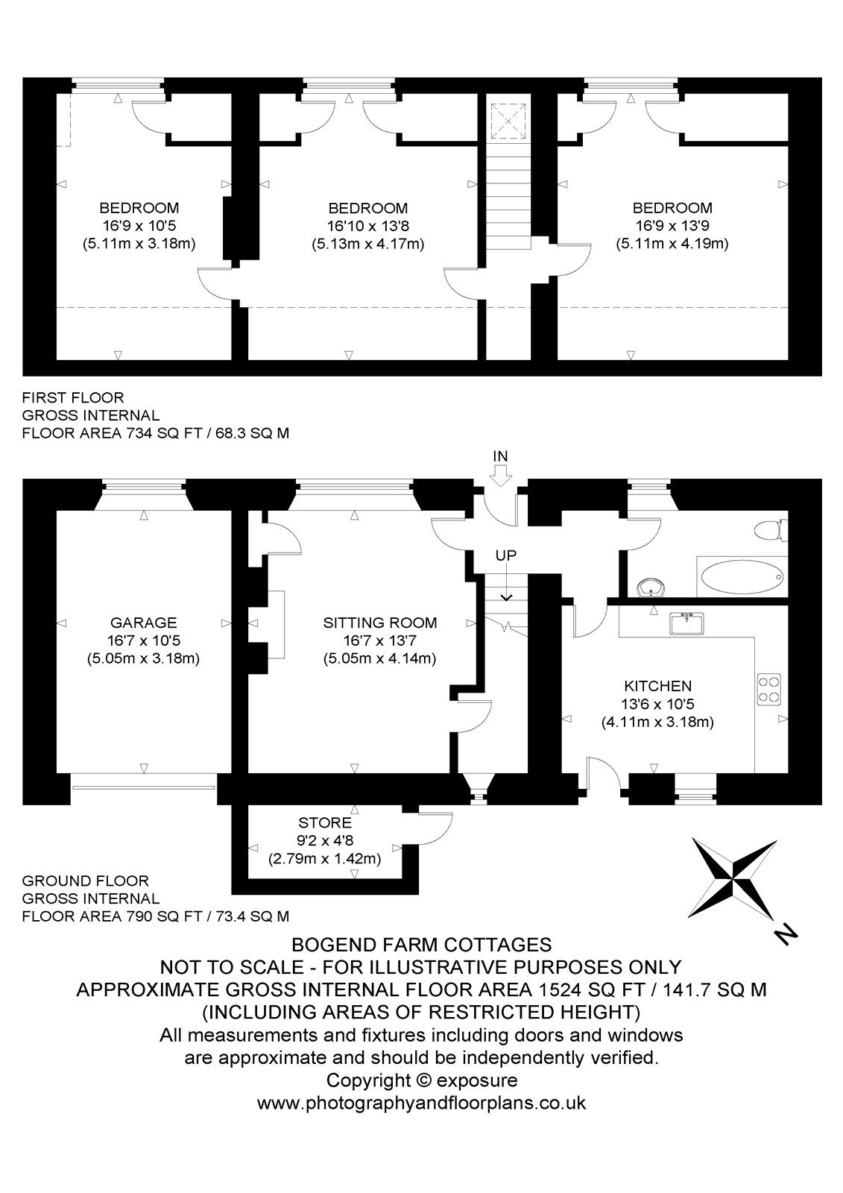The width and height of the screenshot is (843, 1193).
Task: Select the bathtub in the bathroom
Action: pos(742,577)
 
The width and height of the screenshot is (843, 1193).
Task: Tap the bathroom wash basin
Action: pos(650,588)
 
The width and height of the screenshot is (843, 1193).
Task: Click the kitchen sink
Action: pos(687,623)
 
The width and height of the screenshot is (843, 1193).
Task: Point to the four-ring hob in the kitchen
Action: pos(769,690)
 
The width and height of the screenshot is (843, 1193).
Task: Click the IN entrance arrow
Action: pos(500,476)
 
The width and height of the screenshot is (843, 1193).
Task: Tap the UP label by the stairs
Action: pos(506,555)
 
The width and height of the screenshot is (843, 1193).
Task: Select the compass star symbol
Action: pos(734,879)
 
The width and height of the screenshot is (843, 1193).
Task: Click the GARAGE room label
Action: pos(143,622)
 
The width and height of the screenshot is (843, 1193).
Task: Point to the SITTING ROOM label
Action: pos(379,622)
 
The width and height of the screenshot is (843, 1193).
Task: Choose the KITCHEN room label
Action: pos(657,686)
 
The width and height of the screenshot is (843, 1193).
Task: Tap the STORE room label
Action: pos(325,823)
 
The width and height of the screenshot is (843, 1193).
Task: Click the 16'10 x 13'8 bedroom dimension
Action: pos(368,226)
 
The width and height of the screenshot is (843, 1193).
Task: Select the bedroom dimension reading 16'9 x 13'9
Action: pos(672,226)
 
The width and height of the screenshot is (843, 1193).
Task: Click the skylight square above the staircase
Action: pos(508,122)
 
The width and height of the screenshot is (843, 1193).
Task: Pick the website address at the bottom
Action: pos(421,1102)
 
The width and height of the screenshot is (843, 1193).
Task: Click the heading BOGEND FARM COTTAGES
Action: pos(422,945)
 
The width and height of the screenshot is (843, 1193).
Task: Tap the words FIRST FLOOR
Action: pos(73,397)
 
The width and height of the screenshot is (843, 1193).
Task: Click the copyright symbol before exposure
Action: pos(423,1080)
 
